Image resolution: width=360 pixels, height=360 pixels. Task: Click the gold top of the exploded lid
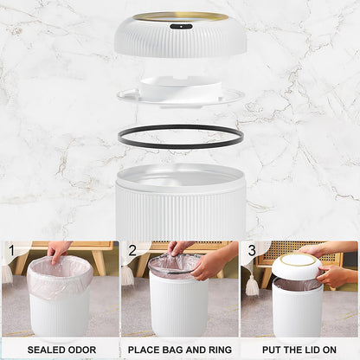click(x=180, y=16)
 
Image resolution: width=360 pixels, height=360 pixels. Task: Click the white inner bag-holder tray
click(x=180, y=90)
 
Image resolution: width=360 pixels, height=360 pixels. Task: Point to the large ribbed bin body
click(x=180, y=208)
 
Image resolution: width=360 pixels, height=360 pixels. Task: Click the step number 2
click(x=132, y=253)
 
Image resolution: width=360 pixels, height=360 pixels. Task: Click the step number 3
click(x=251, y=253)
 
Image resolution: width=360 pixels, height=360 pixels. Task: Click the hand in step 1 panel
click(x=60, y=250)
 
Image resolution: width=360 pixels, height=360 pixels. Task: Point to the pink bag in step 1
click(x=58, y=279)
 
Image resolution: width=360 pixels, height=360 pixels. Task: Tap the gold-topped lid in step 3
click(x=298, y=264)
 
